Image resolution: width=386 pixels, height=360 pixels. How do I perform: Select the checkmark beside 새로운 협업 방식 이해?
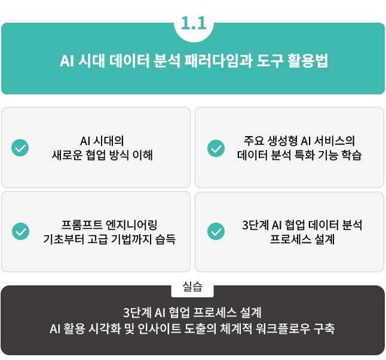click(x=20, y=147)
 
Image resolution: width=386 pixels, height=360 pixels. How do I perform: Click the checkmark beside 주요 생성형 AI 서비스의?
click(x=216, y=147)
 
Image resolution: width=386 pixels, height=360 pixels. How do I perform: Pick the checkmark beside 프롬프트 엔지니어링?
click(x=20, y=232)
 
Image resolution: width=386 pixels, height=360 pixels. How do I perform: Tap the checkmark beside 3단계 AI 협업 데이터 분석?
click(x=216, y=232)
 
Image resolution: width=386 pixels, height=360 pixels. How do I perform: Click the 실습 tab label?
click(x=192, y=287)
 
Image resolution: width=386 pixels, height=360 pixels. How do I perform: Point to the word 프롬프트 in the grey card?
click(x=82, y=225)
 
